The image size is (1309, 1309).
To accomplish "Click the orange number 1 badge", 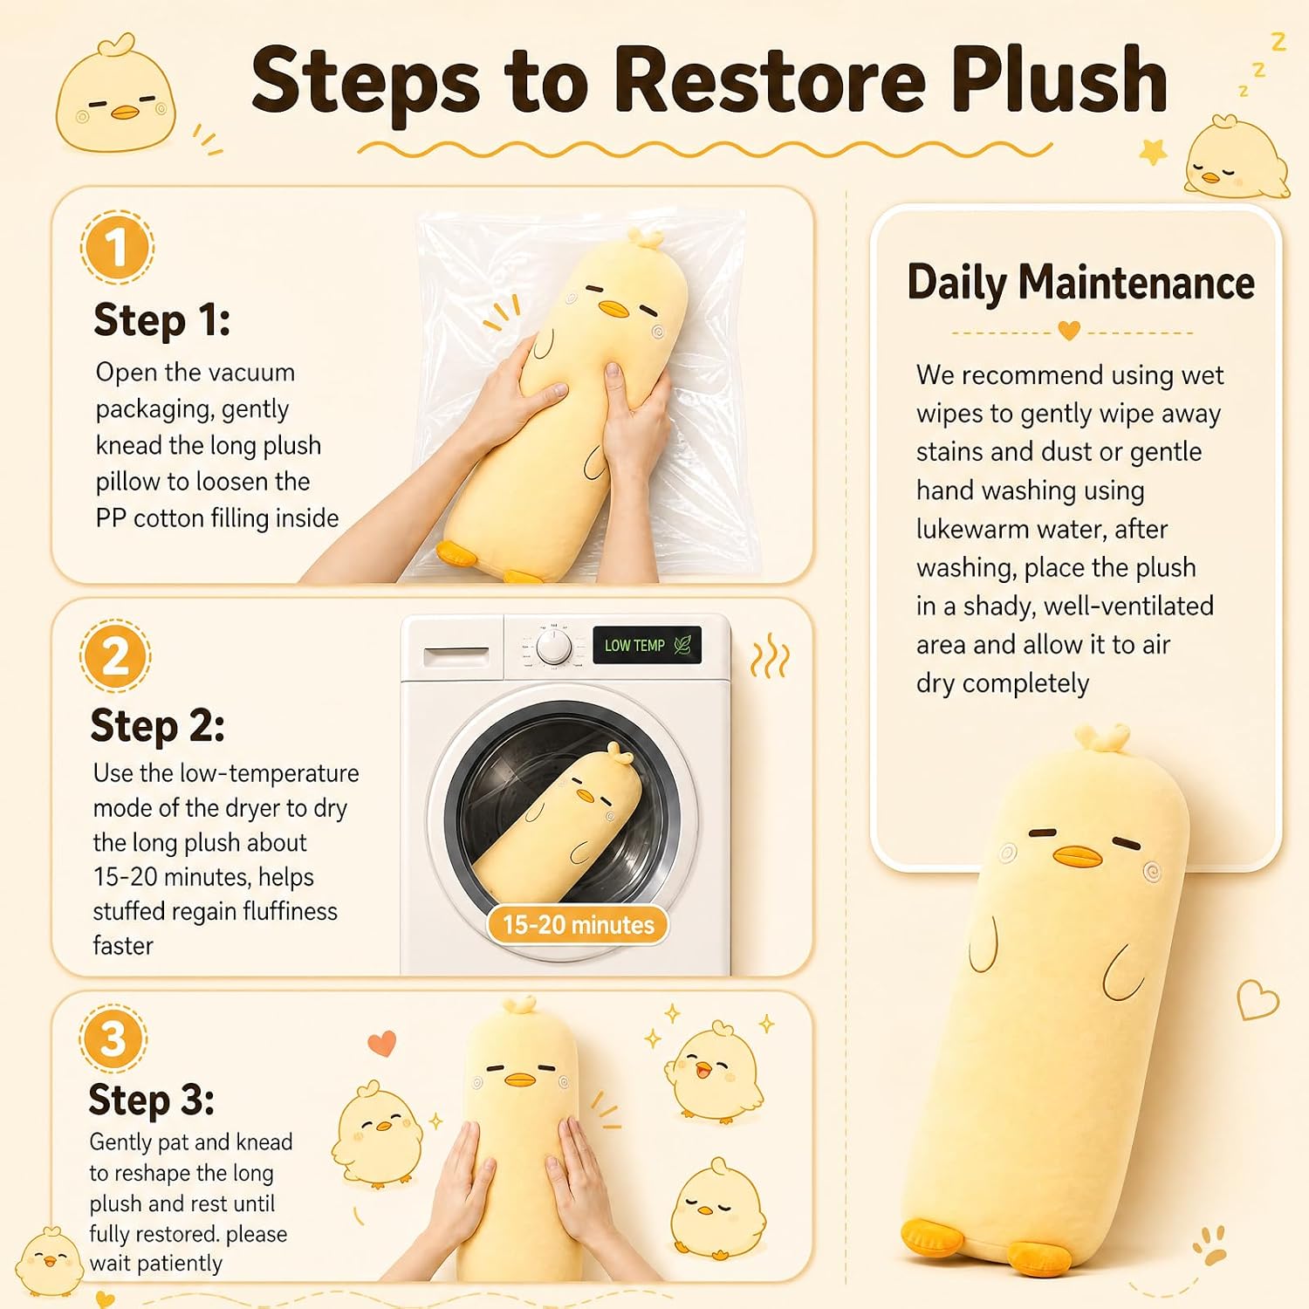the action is pos(117,247).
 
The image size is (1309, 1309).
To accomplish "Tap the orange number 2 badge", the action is pos(115,655).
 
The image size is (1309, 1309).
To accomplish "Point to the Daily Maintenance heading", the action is pos(1080,283).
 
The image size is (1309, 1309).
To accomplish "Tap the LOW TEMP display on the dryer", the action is pos(647,645).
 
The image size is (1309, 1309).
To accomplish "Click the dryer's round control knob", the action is pos(553,648).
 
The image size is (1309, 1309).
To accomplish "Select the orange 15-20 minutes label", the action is pos(578,925).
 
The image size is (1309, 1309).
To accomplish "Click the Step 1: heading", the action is pos(162,320).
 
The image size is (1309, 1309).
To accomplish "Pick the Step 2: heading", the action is pos(158,726).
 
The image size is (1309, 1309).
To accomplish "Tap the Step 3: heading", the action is pos(152,1100).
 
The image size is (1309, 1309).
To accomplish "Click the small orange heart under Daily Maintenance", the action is pos(1069,331).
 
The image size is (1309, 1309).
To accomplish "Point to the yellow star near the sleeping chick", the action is pos(1154,152).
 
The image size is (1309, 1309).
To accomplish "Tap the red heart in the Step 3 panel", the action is pos(382,1043).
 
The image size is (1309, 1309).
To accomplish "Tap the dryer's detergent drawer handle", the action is pos(456,655).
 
